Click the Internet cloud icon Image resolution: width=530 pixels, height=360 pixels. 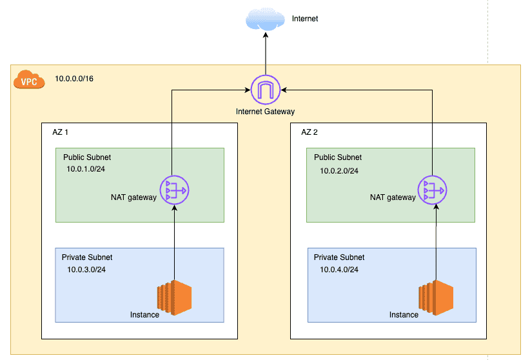pyautogui.click(x=265, y=20)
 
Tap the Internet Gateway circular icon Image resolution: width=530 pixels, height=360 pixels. pyautogui.click(x=264, y=90)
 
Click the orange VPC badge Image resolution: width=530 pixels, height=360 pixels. pyautogui.click(x=29, y=81)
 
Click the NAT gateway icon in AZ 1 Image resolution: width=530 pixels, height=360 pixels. pyautogui.click(x=175, y=190)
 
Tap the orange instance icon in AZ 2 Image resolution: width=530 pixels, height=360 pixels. pyautogui.click(x=436, y=297)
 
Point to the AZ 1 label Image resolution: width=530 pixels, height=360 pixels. pyautogui.click(x=60, y=132)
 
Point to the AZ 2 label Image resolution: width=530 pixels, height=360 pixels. pyautogui.click(x=310, y=132)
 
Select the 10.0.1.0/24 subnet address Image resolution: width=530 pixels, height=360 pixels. pyautogui.click(x=86, y=168)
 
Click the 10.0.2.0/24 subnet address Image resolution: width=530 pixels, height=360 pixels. pyautogui.click(x=339, y=171)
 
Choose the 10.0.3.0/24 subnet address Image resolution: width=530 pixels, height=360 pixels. pyautogui.click(x=86, y=269)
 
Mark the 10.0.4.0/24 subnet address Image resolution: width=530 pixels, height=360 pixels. pyautogui.click(x=339, y=269)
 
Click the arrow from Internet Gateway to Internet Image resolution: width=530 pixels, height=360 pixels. pyautogui.click(x=265, y=55)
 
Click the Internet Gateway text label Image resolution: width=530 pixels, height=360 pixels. pyautogui.click(x=265, y=112)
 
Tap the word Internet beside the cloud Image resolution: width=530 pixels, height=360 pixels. pyautogui.click(x=305, y=19)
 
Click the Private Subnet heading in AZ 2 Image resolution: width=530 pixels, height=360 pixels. pyautogui.click(x=339, y=257)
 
